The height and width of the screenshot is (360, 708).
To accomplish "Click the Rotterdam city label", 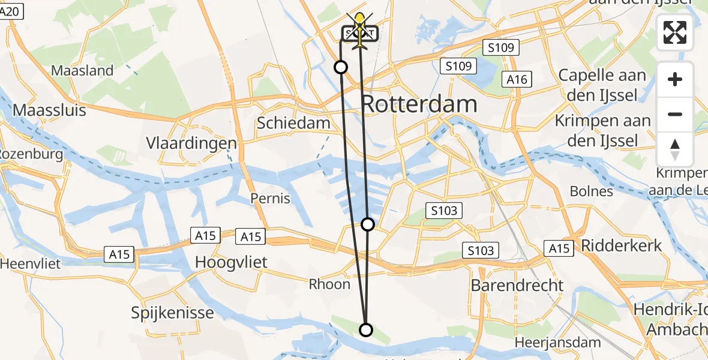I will click(x=420, y=104).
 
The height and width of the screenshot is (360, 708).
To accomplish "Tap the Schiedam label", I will click(x=293, y=123).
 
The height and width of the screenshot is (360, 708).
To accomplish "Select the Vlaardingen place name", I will click(x=191, y=143).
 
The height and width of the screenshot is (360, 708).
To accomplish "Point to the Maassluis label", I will click(x=49, y=110).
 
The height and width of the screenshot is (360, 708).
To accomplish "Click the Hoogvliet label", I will click(x=232, y=262).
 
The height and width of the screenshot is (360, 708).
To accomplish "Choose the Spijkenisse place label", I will click(x=173, y=313).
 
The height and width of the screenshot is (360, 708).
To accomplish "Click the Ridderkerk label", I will click(x=621, y=245).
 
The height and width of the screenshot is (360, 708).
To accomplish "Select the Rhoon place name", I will click(x=329, y=284).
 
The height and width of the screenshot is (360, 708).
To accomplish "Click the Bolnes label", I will click(x=592, y=191).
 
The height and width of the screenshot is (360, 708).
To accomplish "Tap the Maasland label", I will click(x=82, y=70).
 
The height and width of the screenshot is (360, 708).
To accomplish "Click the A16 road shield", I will click(x=517, y=79).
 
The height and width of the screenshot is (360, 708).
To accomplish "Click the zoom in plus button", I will click(x=675, y=80).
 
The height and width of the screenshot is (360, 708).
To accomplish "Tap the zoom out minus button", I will click(x=675, y=114).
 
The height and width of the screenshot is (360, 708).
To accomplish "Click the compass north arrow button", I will click(x=675, y=149).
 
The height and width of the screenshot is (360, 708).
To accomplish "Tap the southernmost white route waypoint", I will click(x=365, y=329).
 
